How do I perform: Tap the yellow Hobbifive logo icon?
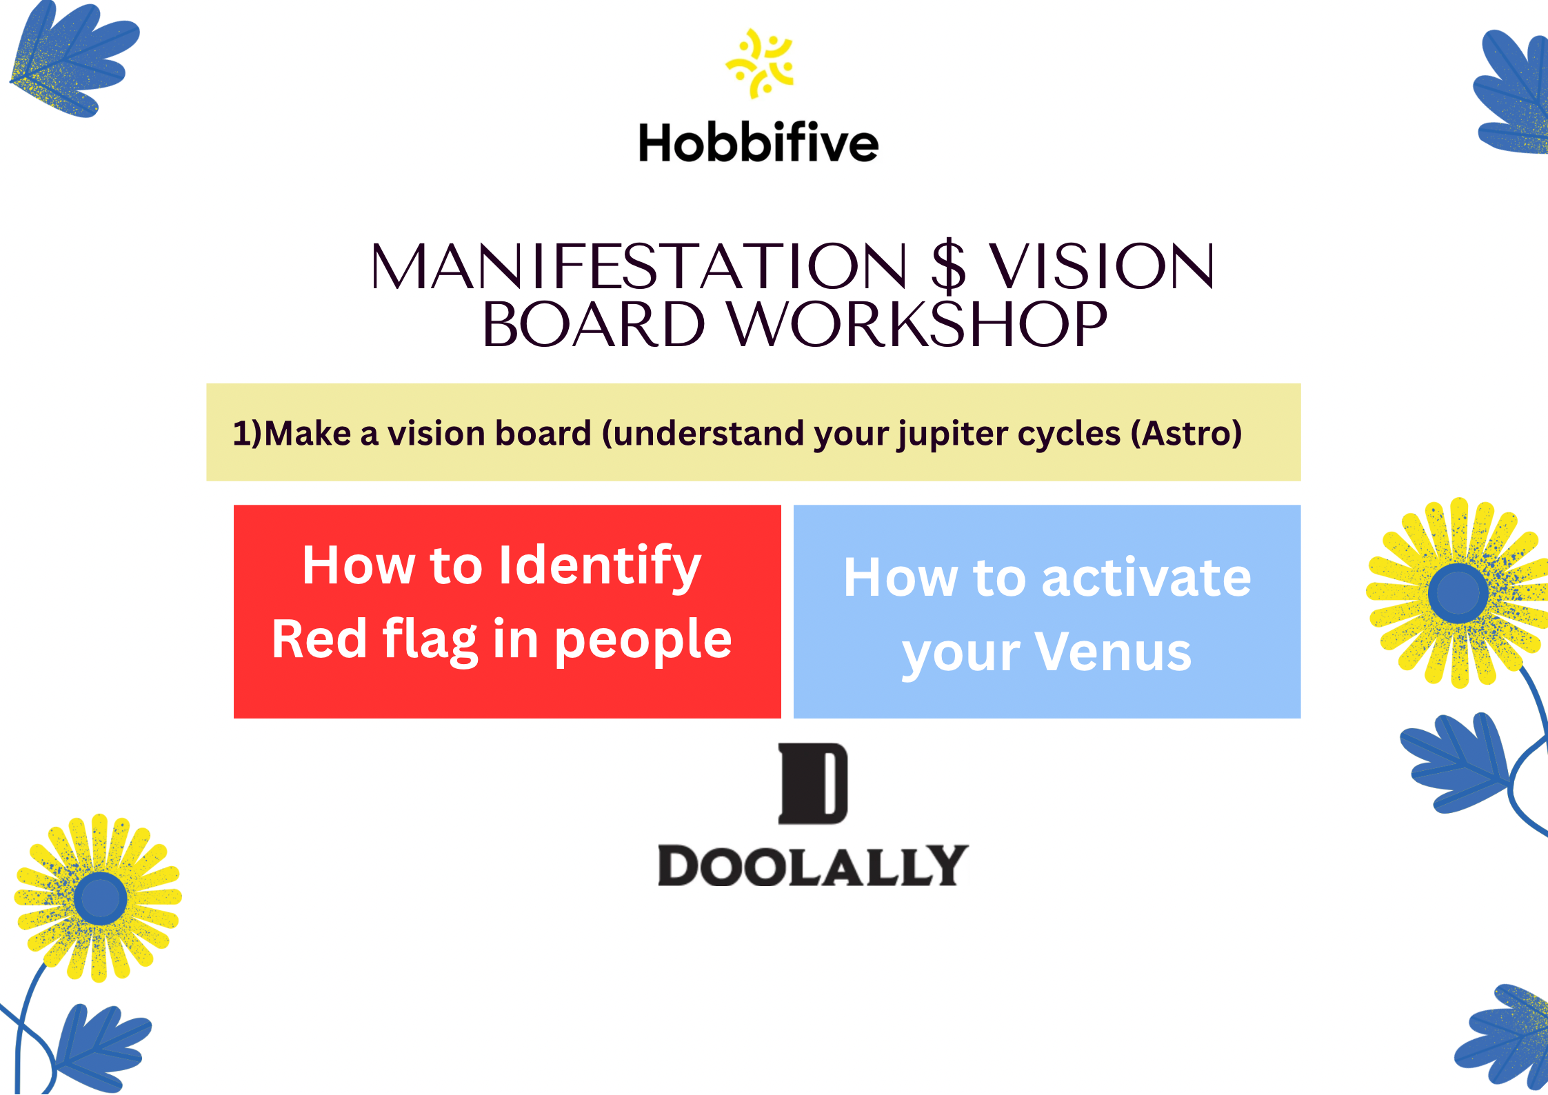760,63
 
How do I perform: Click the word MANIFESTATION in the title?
639,267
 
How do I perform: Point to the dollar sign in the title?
948,265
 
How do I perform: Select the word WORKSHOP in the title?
918,325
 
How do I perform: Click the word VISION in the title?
1102,267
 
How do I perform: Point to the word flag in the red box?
430,641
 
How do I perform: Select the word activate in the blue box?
1146,578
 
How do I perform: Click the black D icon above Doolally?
813,783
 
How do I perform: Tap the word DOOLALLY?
814,865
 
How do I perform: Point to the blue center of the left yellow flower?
100,898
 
